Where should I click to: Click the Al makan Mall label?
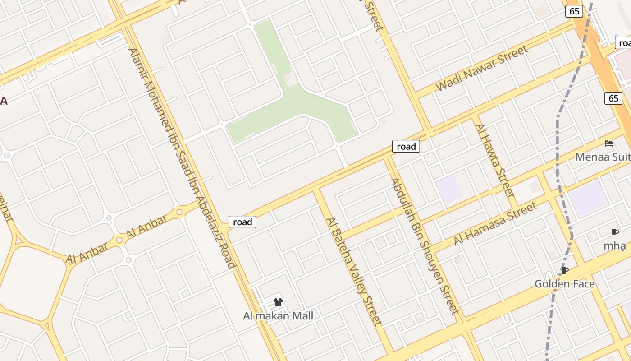(278, 316)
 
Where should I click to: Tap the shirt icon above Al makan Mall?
(278, 302)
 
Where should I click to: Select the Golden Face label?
(564, 284)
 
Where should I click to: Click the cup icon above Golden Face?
(564, 270)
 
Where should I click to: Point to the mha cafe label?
(614, 246)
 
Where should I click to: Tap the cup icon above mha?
(614, 232)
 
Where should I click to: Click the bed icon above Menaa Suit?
(609, 143)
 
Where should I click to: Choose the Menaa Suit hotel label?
(603, 157)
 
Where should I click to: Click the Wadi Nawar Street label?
(481, 69)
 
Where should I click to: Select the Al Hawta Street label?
(494, 161)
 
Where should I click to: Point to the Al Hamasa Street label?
(495, 223)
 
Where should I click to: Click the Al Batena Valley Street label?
(354, 272)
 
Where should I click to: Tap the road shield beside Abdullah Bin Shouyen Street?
(406, 146)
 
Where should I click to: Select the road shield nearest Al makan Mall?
(242, 222)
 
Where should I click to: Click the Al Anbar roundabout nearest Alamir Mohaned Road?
(179, 212)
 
